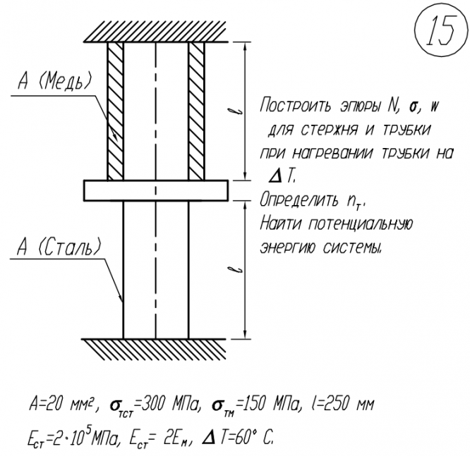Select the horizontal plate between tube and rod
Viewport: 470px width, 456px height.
[x=155, y=190]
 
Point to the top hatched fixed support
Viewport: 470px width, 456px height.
[x=155, y=30]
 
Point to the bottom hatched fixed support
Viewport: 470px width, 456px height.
[x=155, y=347]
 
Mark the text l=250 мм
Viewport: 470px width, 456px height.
[x=345, y=406]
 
